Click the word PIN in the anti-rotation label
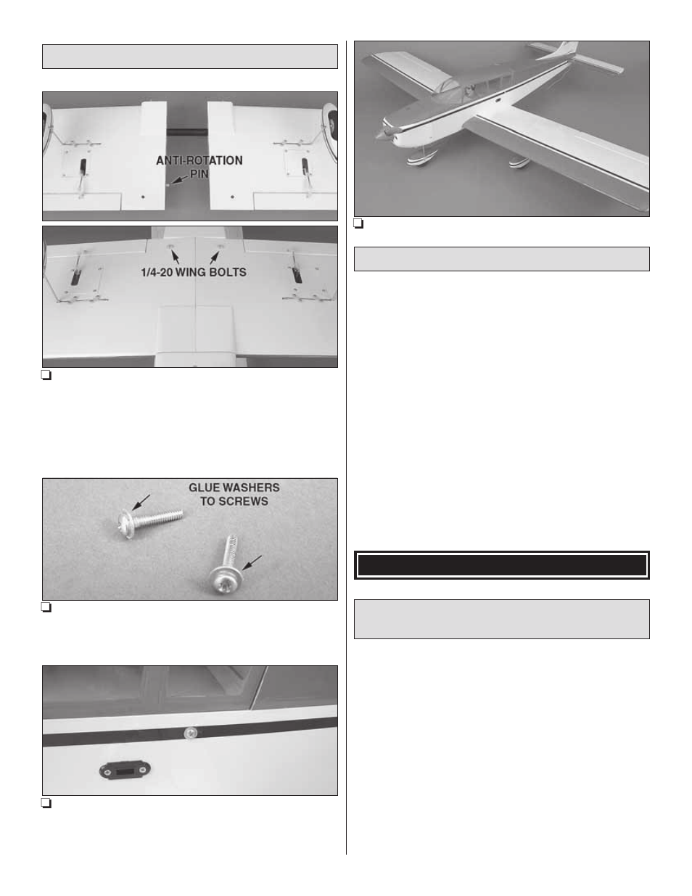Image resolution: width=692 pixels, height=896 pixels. click(199, 174)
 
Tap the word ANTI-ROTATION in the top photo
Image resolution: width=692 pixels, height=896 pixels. click(199, 160)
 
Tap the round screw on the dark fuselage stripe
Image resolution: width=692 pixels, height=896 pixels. click(191, 733)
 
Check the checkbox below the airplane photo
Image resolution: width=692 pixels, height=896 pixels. click(358, 223)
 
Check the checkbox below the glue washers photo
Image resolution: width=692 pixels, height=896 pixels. click(46, 608)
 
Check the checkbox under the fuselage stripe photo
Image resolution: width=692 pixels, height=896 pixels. click(46, 803)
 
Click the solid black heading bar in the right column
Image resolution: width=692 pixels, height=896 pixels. click(501, 565)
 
